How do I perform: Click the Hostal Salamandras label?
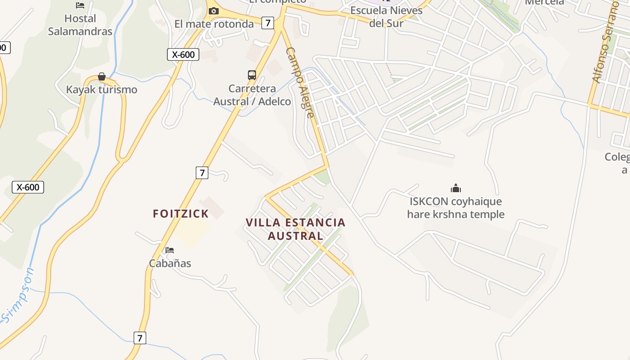pos(80,25)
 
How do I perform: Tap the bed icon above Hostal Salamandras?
pos(80,5)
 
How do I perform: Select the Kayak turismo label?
pos(102,90)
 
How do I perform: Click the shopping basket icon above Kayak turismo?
pos(102,76)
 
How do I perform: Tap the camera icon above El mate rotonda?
pos(213,11)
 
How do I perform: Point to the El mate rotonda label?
pos(214,24)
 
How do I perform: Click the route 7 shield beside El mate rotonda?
pos(268,22)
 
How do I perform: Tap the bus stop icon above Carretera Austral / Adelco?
pos(252,75)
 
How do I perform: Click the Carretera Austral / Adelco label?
pos(252,95)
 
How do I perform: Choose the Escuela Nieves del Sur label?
pos(387,16)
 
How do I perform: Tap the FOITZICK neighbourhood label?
pos(181,214)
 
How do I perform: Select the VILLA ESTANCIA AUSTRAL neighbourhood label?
pos(296,229)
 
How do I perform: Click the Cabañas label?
pos(170,263)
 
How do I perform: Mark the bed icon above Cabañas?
pos(170,250)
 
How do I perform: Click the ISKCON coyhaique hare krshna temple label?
pos(456,208)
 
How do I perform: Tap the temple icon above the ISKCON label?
pos(456,188)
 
